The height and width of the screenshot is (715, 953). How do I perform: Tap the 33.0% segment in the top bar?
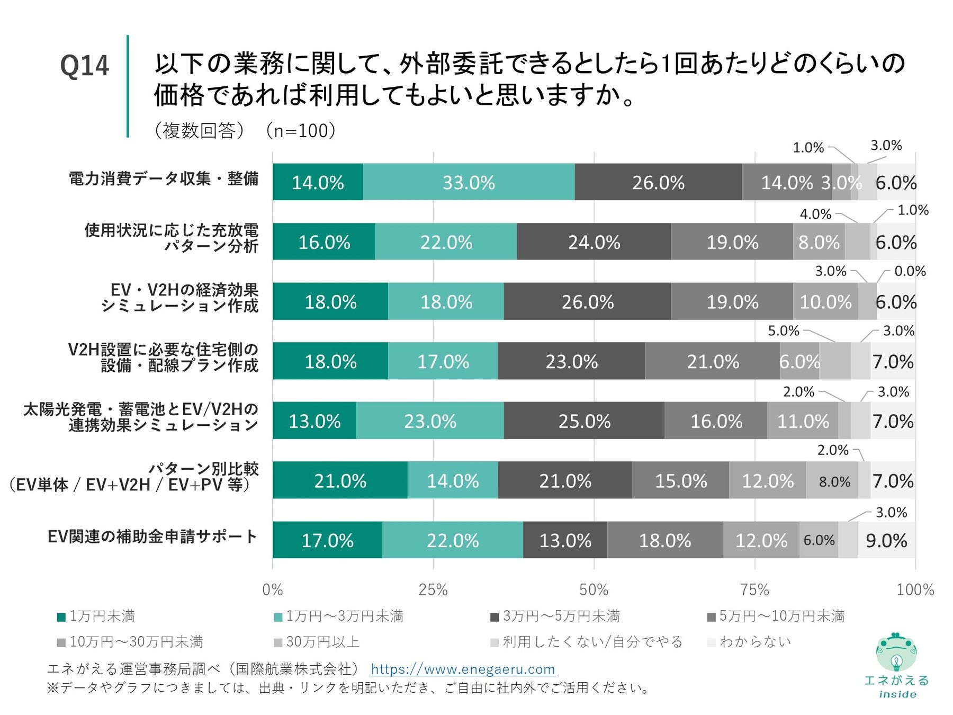469,182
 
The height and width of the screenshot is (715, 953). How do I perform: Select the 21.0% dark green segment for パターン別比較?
340,480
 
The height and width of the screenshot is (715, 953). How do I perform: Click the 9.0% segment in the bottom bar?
886,540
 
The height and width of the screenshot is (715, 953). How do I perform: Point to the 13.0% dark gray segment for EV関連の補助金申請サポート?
565,540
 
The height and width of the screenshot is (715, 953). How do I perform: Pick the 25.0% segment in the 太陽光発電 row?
584,421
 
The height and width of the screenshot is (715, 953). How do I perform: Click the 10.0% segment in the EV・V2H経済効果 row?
825,302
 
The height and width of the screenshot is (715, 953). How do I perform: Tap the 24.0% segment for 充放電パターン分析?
594,242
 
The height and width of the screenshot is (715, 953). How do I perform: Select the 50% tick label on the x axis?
594,589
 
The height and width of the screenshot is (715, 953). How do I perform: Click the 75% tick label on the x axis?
754,589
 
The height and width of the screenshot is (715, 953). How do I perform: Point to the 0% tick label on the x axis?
273,589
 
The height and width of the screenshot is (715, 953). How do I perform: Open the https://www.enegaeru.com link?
463,669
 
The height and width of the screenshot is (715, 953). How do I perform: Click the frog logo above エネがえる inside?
896,652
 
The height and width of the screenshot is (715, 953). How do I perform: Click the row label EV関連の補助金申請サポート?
152,537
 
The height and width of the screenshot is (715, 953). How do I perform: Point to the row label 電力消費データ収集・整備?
164,178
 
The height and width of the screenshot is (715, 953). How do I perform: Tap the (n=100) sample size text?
301,130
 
